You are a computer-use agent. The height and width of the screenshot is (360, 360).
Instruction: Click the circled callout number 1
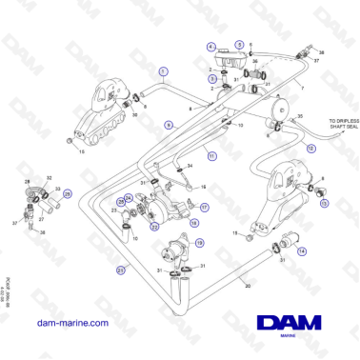click(x=163, y=71)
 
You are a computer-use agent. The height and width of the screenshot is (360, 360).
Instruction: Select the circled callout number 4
click(x=210, y=47)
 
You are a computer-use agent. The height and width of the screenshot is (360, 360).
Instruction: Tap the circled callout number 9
click(x=168, y=125)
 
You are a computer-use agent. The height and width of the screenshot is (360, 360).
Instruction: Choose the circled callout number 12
click(x=310, y=150)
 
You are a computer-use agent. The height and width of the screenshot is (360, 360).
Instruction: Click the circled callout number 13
click(x=323, y=203)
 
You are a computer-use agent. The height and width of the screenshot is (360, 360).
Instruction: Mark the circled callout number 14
click(x=301, y=250)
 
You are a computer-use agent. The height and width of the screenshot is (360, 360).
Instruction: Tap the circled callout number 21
click(x=120, y=271)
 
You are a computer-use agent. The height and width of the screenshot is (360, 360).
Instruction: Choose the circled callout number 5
click(x=250, y=45)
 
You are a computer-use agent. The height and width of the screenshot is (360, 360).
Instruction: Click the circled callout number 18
click(x=195, y=223)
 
